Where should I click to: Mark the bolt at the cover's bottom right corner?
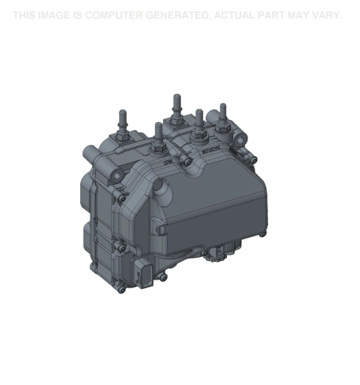(x=262, y=234)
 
